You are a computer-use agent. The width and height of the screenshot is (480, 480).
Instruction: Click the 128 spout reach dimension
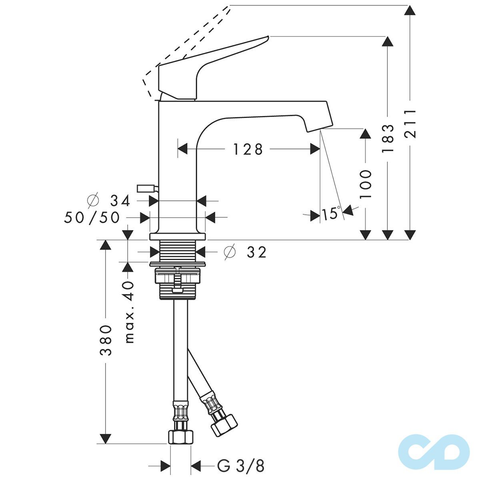tap(248, 149)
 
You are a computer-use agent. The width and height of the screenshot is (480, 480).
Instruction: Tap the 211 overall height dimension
tap(410, 123)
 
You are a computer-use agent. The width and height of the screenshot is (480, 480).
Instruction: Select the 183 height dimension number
tap(388, 139)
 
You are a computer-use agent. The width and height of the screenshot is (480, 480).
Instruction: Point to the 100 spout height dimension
tap(366, 184)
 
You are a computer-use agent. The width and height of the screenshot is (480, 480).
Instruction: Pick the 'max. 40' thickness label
tap(129, 312)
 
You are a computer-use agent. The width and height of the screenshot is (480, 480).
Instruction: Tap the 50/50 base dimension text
tap(92, 218)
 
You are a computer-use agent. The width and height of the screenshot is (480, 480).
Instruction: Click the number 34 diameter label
tap(120, 201)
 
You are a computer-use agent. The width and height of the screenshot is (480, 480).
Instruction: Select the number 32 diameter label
tap(257, 252)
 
